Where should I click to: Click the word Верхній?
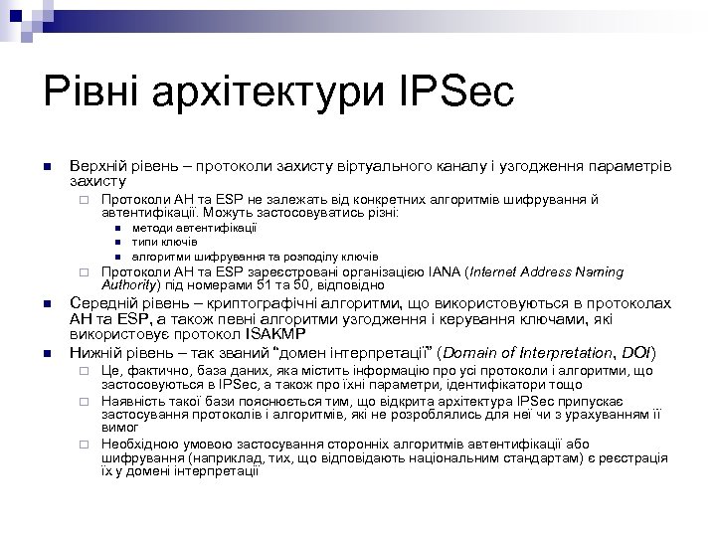click(94, 163)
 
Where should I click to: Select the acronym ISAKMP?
click(289, 335)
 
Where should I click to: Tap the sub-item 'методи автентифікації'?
click(194, 228)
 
